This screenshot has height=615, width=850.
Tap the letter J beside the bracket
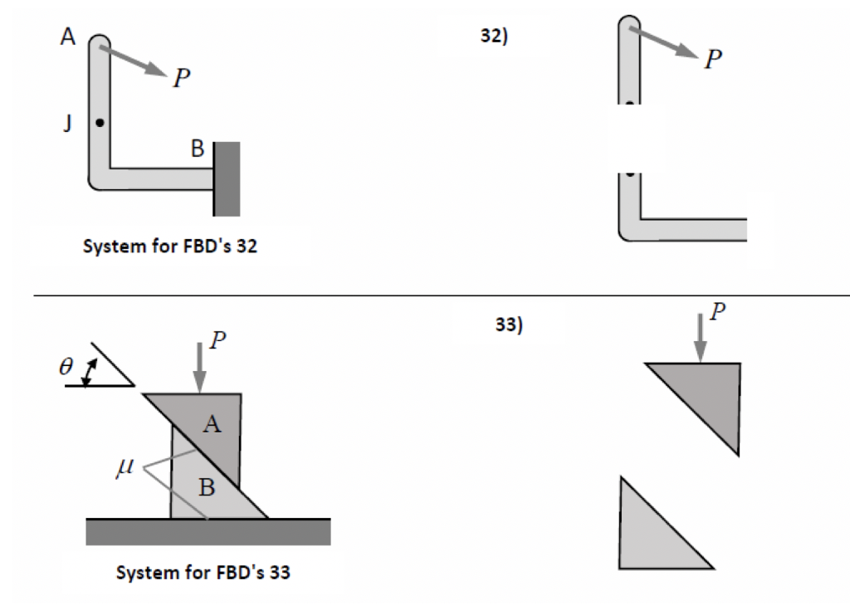[67, 123]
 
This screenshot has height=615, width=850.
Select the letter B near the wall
[197, 149]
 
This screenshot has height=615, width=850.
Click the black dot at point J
[100, 123]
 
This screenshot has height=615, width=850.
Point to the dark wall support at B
[227, 178]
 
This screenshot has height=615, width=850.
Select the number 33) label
[509, 325]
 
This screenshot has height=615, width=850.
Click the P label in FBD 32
[711, 60]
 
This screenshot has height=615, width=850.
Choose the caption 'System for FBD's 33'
[203, 573]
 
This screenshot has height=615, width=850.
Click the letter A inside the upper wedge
[213, 425]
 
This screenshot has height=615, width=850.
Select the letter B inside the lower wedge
[206, 487]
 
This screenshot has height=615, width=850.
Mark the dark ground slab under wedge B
[208, 532]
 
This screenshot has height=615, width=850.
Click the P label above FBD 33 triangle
[717, 311]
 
